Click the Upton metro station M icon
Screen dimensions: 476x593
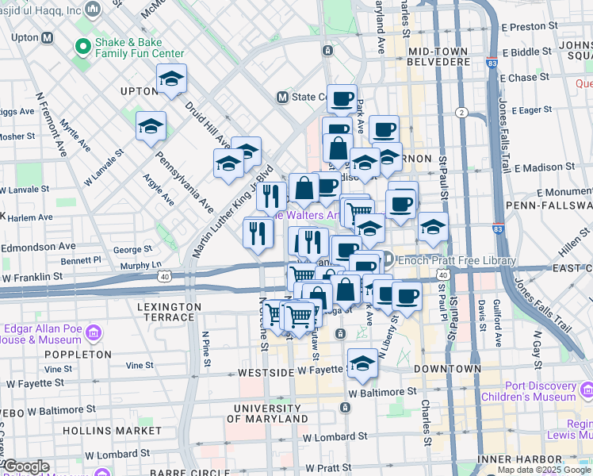(47, 37)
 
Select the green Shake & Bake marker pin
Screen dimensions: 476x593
(81, 47)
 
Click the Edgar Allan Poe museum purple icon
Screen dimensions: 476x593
(95, 331)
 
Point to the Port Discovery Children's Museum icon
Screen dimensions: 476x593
(586, 390)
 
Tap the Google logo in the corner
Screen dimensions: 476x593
(25, 466)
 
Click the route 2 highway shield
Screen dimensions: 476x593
(461, 113)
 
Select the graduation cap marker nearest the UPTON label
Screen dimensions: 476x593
(171, 79)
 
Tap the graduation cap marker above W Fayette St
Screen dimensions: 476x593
(362, 363)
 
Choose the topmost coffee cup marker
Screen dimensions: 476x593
(342, 98)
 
